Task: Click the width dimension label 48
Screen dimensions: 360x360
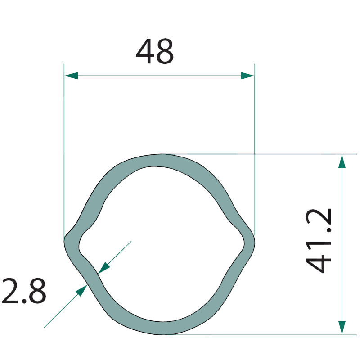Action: click(155, 51)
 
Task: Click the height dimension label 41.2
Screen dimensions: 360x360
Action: click(319, 241)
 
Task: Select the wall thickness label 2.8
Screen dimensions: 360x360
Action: click(24, 291)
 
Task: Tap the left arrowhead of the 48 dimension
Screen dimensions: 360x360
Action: click(71, 76)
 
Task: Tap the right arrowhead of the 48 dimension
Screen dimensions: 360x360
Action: click(248, 76)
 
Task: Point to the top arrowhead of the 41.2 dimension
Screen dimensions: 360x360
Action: click(342, 162)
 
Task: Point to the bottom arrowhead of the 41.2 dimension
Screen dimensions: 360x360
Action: click(342, 328)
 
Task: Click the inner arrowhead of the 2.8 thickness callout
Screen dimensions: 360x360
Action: click(104, 268)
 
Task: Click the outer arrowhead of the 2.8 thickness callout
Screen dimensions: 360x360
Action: click(81, 290)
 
